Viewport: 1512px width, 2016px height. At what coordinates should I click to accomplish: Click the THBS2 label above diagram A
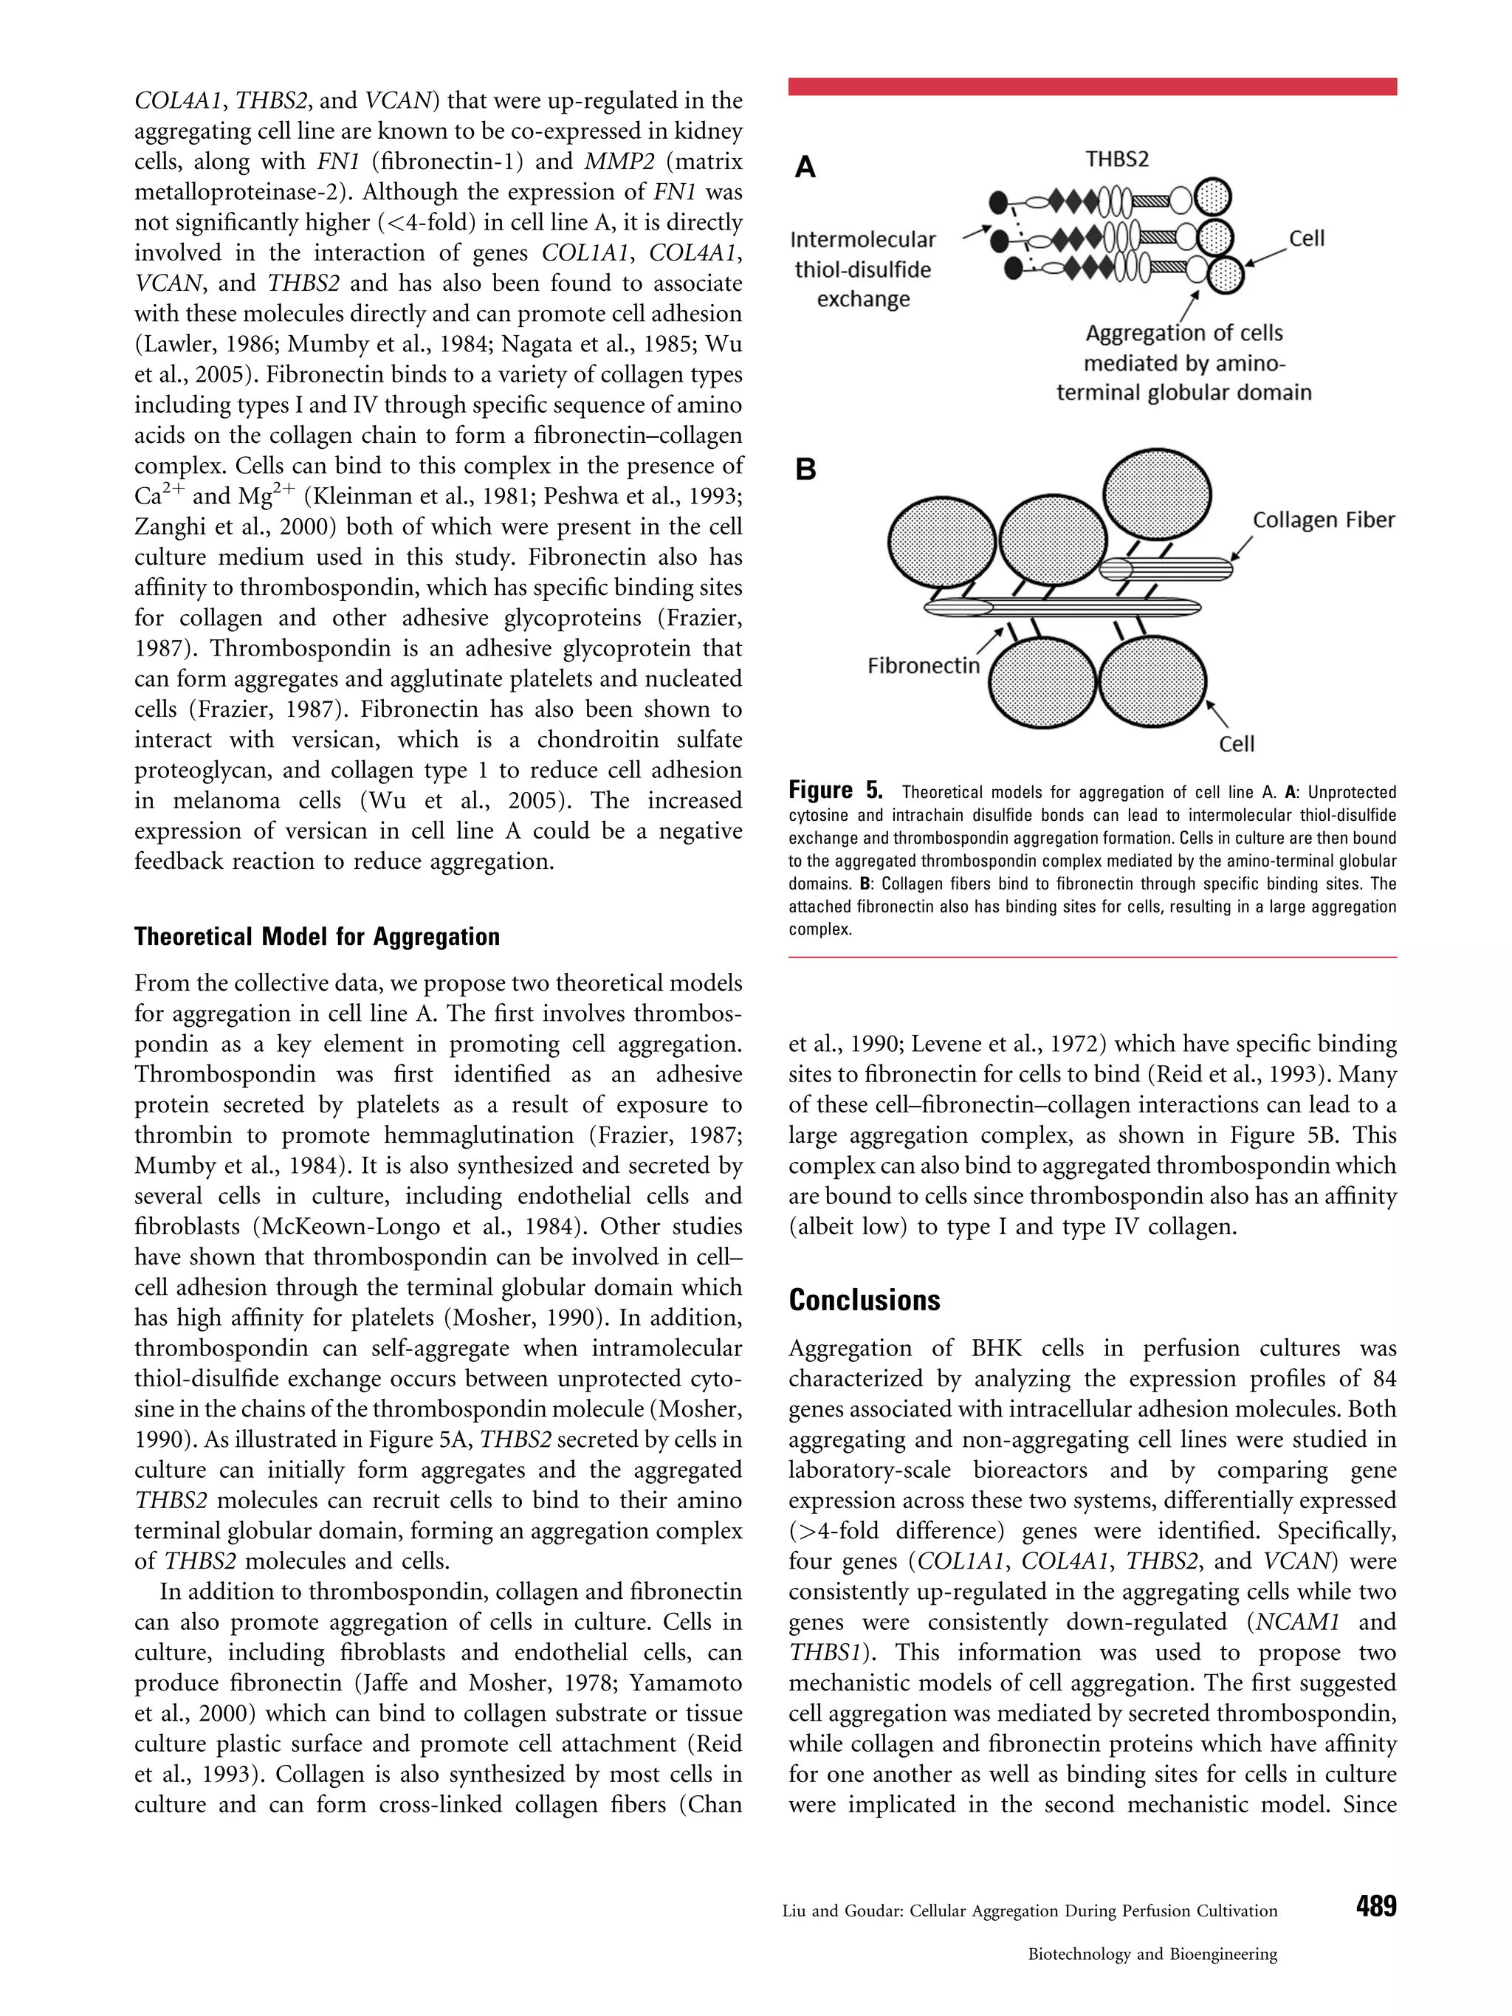[x=1116, y=159]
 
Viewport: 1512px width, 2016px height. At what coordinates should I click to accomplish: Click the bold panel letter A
[x=805, y=168]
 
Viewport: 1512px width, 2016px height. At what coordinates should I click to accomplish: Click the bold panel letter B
[x=805, y=470]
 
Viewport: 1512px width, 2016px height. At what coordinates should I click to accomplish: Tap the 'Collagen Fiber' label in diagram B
[x=1323, y=520]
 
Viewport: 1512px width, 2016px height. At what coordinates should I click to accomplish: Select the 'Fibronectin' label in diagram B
[x=924, y=667]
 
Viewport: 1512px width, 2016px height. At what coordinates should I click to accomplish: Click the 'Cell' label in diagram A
[x=1306, y=238]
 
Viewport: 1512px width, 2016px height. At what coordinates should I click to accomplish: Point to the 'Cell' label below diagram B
[x=1237, y=745]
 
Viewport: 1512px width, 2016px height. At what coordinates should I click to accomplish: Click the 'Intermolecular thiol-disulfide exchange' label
[x=863, y=269]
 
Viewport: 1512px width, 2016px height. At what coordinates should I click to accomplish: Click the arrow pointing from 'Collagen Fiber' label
[x=1240, y=549]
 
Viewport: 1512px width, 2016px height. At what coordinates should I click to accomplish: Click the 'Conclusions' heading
[x=864, y=1300]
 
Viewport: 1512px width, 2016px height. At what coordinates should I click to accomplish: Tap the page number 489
[x=1375, y=1906]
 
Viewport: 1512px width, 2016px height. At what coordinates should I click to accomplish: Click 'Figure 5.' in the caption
[x=835, y=790]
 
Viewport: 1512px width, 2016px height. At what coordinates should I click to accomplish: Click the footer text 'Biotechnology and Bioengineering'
[x=1152, y=1954]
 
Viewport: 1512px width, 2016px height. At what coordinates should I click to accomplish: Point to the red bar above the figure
[x=1092, y=86]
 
